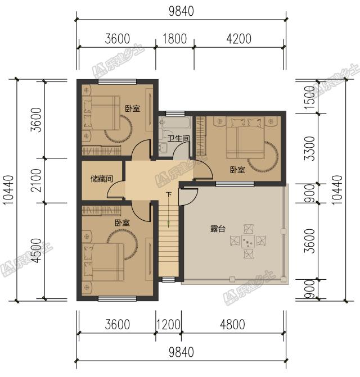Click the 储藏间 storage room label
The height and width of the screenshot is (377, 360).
pos(102,179)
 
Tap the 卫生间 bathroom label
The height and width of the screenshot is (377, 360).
pos(178,138)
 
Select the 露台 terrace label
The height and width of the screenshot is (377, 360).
pos(218,229)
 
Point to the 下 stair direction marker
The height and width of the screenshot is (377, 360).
pos(169,194)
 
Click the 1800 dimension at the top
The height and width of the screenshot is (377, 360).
pos(175,39)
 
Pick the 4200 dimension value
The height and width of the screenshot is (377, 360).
pos(239,39)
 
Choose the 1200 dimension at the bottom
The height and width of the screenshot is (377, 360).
pos(168,324)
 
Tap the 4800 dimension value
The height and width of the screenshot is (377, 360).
pos(232,324)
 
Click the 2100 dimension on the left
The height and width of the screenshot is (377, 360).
pos(37,180)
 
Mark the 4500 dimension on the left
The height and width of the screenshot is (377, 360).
pos(37,251)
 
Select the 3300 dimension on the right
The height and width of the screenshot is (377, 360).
pos(309,148)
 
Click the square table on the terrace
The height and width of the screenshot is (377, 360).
pos(248,241)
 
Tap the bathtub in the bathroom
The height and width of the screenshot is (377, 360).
pos(175,123)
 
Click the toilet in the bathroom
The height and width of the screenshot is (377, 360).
pos(168,135)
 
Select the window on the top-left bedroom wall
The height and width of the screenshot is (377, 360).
pos(118,81)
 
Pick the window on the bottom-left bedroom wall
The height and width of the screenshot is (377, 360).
pos(118,298)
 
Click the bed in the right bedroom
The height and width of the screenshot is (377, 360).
pos(245,138)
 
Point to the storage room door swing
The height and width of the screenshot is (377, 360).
pos(116,190)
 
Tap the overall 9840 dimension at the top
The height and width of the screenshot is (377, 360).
pos(181,11)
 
